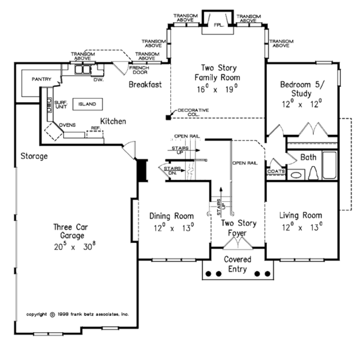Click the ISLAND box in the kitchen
pyautogui.click(x=87, y=104)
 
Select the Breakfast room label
pyautogui.click(x=145, y=85)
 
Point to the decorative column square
pyautogui.click(x=168, y=117)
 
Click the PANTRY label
pyautogui.click(x=42, y=79)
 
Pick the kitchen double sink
pyautogui.click(x=83, y=69)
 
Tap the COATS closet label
pyautogui.click(x=276, y=172)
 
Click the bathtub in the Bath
pyautogui.click(x=329, y=165)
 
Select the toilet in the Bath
pyautogui.click(x=313, y=173)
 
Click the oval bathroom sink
pyautogui.click(x=296, y=175)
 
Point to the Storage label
pyautogui.click(x=34, y=156)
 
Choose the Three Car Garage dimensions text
pyautogui.click(x=75, y=246)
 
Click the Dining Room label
pyautogui.click(x=171, y=216)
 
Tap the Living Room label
pyautogui.click(x=300, y=216)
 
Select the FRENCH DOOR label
pyautogui.click(x=139, y=70)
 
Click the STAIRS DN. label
pyautogui.click(x=172, y=171)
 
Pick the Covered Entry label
pyautogui.click(x=238, y=265)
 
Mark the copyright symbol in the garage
pyautogui.click(x=52, y=315)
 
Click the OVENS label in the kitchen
pyautogui.click(x=67, y=125)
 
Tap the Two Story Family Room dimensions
pyautogui.click(x=217, y=89)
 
